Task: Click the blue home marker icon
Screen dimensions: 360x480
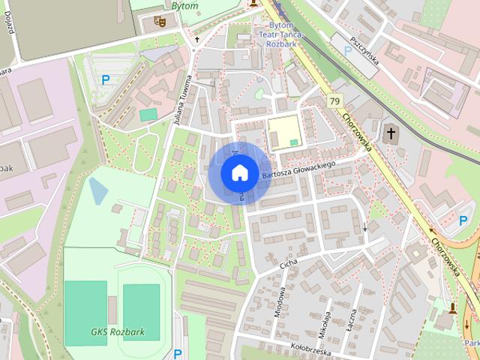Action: pos(239,173)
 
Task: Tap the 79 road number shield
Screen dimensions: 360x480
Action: pos(334,101)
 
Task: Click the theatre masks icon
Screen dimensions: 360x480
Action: pos(159,21)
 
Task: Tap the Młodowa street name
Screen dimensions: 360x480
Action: pos(280,303)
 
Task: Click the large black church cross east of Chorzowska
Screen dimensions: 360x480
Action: pos(390,134)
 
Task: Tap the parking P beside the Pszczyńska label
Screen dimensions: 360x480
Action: pos(347,50)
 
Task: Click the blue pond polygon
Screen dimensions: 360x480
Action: pos(98,190)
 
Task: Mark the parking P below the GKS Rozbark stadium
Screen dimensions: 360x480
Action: pos(178,353)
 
